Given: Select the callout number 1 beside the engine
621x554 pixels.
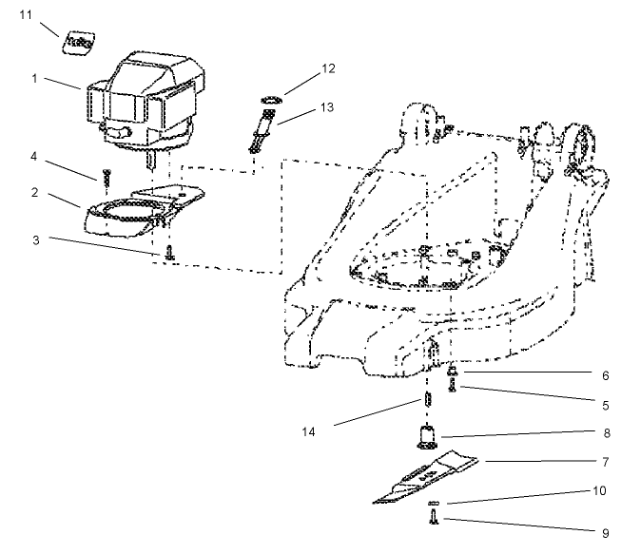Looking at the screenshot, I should pos(34,79).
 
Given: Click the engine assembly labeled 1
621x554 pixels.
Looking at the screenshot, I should pos(147,100).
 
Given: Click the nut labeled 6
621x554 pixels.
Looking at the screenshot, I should pos(453,372).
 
